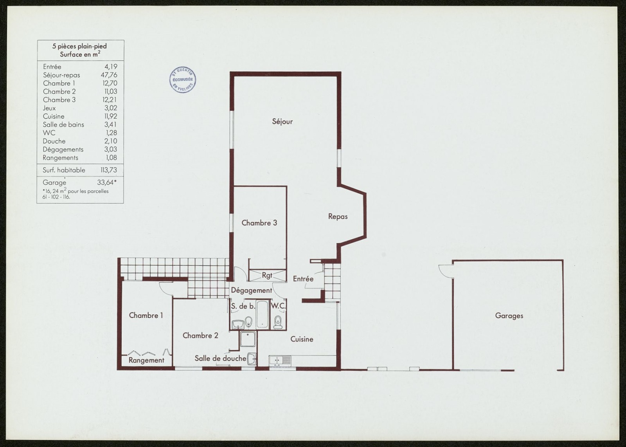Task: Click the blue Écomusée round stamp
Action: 183,80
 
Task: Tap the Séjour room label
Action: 282,122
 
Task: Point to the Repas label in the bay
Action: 338,216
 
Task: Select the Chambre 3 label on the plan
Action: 259,223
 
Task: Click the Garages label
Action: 509,316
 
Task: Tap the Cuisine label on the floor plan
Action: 302,339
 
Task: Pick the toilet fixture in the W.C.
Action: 278,322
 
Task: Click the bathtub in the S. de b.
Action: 263,314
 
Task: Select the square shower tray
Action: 248,339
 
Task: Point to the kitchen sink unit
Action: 280,361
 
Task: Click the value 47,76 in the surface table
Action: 109,75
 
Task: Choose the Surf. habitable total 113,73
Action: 109,170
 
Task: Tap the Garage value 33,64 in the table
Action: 107,182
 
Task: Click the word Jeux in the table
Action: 49,108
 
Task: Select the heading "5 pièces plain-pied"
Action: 79,46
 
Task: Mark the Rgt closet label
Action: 267,275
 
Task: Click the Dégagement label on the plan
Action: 252,291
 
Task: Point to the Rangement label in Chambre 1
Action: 146,360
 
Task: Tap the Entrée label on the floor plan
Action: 303,279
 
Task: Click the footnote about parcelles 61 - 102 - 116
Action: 76,194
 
